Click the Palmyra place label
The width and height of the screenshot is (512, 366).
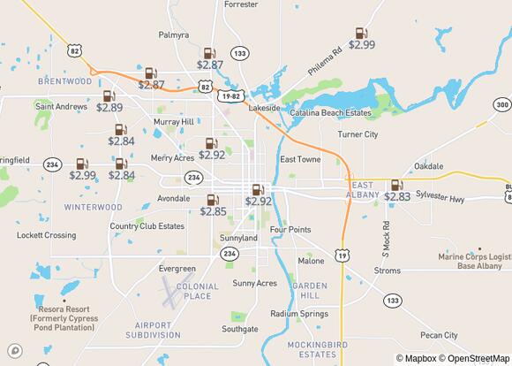174,35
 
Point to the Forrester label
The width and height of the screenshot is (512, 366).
241,4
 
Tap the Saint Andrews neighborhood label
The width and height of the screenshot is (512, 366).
61,107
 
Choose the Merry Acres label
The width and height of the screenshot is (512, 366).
172,158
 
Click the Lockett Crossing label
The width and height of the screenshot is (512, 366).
46,235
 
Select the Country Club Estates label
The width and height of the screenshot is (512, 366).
147,226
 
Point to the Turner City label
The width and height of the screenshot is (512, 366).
358,134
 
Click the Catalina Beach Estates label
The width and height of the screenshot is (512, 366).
333,113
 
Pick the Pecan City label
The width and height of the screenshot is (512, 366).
439,335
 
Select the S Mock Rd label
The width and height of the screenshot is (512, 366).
386,234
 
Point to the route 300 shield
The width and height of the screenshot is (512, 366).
501,105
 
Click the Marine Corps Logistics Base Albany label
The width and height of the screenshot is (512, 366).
474,263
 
